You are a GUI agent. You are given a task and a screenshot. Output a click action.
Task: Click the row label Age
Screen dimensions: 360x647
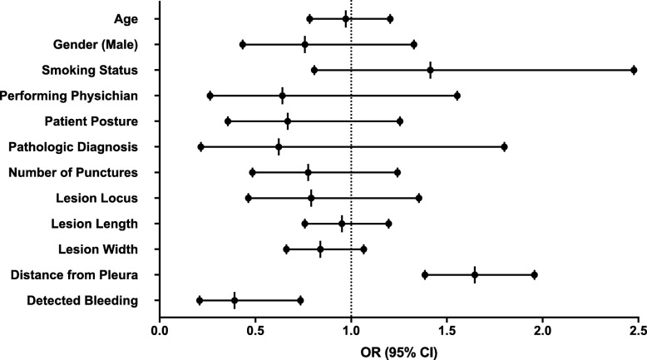point(127,18)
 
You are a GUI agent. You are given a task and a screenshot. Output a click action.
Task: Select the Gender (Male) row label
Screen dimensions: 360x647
point(99,44)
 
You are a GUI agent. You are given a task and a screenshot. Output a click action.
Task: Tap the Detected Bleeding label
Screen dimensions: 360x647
point(82,300)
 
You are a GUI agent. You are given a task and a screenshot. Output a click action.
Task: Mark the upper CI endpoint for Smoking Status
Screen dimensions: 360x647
point(634,70)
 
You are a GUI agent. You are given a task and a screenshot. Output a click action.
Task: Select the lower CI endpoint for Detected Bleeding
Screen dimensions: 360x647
point(200,300)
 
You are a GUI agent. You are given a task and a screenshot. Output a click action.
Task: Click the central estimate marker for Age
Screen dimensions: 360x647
point(346,18)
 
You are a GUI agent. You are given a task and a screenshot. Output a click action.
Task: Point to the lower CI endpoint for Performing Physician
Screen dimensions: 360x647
point(210,96)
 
